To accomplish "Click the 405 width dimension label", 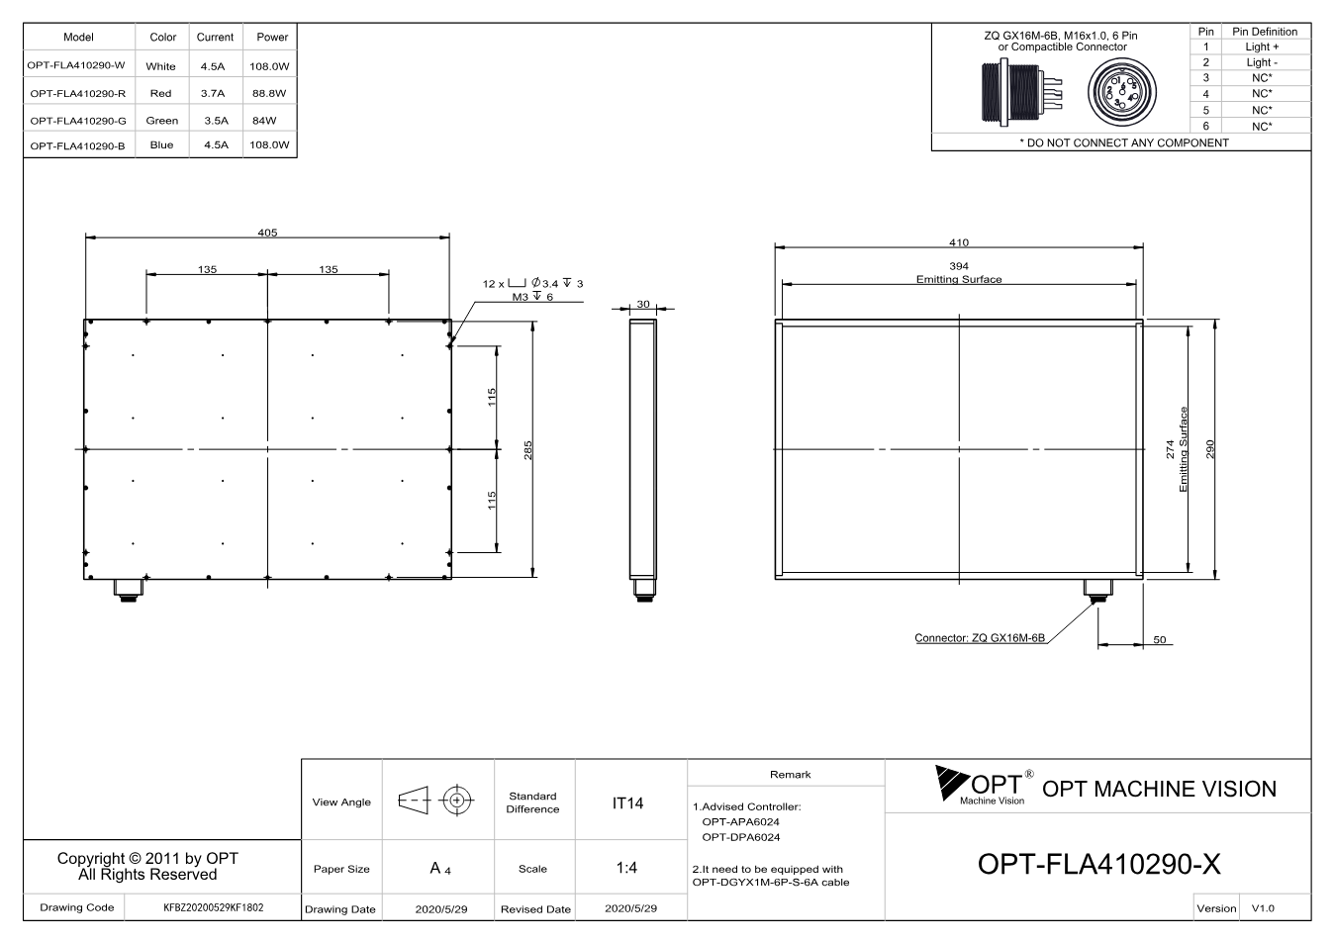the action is click(267, 233).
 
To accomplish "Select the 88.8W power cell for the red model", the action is click(269, 93).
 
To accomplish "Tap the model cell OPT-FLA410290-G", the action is click(78, 121).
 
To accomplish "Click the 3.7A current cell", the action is click(213, 93).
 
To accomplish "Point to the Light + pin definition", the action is click(1262, 47).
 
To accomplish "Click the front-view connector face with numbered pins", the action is click(1122, 92).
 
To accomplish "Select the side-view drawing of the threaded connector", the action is click(1021, 92).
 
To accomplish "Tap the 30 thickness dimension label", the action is click(643, 304).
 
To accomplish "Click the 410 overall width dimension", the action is click(959, 242).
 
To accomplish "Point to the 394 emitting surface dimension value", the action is click(959, 265).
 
